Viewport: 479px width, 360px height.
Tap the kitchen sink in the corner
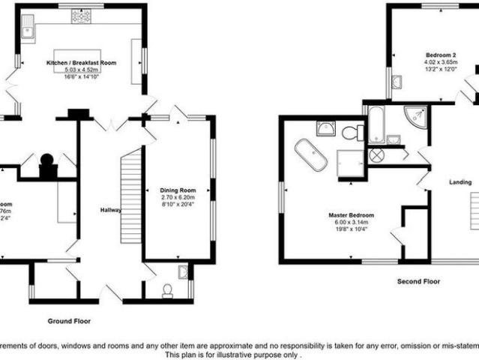(28, 28)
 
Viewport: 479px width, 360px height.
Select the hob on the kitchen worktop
(80, 16)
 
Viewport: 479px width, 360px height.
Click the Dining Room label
(177, 190)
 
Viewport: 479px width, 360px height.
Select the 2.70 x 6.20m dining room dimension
(177, 198)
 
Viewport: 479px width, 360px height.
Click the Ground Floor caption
(69, 320)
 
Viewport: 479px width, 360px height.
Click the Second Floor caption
(419, 281)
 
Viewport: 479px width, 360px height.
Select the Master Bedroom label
(351, 215)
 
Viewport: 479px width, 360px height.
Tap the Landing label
(460, 182)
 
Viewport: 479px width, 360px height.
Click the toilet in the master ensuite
(350, 133)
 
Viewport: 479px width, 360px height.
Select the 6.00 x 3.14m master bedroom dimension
(351, 223)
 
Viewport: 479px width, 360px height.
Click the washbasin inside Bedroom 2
(396, 81)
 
